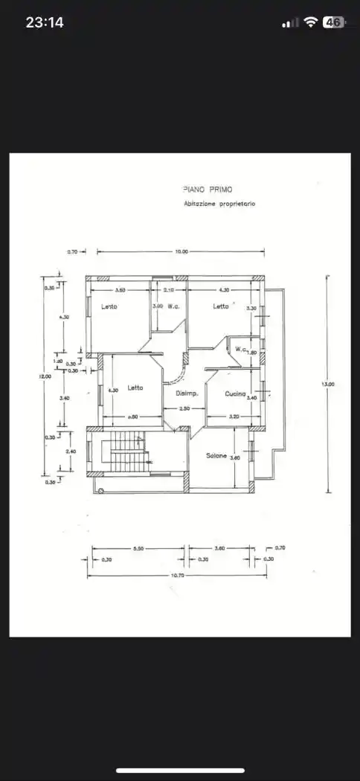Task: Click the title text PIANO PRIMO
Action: point(207,190)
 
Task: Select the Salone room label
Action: point(216,455)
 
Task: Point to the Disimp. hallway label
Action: point(185,393)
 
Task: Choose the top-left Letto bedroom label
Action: point(109,306)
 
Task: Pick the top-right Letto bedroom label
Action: point(221,306)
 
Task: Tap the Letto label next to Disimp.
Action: point(135,388)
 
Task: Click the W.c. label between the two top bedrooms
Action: point(174,306)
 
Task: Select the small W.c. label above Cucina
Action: point(241,349)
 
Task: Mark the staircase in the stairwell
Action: point(124,456)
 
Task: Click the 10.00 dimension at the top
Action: point(181,252)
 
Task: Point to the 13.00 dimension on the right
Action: point(327,384)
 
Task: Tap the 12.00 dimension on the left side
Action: point(45,377)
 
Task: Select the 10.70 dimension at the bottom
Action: point(178,576)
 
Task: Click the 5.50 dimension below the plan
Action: point(138,548)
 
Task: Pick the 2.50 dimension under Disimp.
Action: point(185,408)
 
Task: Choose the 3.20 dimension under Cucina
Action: point(234,417)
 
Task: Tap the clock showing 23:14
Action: point(45,22)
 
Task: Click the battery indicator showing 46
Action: point(332,22)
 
